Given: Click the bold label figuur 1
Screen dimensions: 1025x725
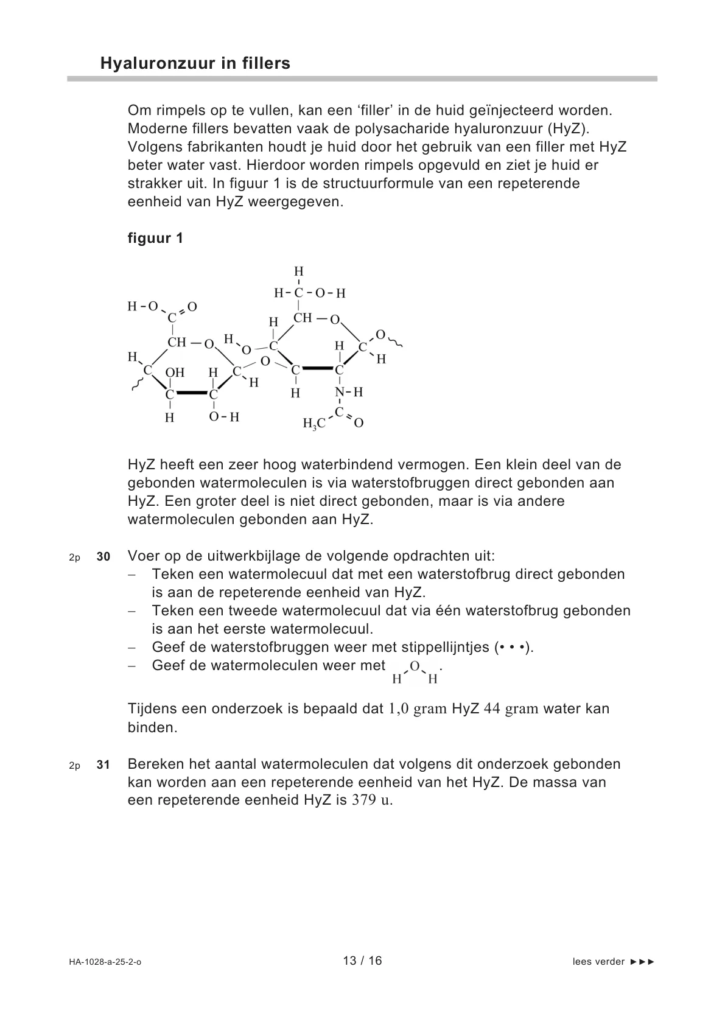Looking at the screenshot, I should click(x=155, y=238).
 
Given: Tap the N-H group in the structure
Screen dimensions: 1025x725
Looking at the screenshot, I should click(x=349, y=393).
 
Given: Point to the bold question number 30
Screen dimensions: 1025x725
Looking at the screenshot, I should click(x=103, y=557).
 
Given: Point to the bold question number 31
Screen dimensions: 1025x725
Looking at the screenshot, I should click(x=103, y=765).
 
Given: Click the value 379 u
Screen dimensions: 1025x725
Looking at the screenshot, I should click(x=372, y=800).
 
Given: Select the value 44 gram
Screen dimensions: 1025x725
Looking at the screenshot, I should click(x=511, y=709).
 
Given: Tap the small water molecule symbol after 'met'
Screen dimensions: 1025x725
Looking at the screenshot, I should click(x=415, y=672).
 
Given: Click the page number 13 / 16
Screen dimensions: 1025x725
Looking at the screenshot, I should click(x=362, y=961).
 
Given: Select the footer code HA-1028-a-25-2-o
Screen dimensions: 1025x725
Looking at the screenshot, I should click(x=105, y=962).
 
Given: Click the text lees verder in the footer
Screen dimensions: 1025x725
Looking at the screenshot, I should click(x=598, y=962).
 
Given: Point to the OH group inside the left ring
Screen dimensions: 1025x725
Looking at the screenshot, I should click(x=175, y=373).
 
